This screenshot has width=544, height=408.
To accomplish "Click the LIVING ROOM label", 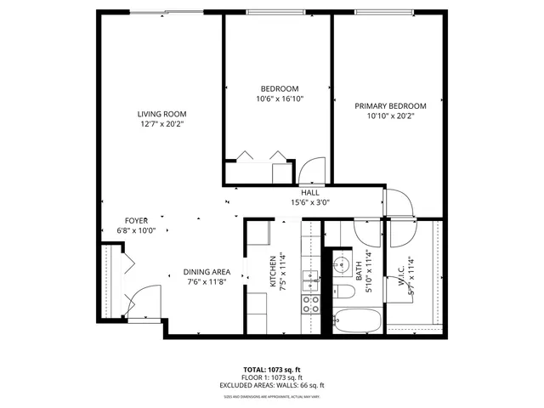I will [162, 114].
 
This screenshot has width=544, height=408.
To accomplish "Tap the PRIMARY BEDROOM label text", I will [390, 106].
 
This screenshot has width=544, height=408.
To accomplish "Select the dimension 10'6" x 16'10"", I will [279, 99].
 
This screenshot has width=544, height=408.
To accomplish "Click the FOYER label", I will [137, 220].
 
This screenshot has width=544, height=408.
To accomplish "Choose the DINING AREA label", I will [207, 272].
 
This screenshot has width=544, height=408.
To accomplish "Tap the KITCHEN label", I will [274, 272].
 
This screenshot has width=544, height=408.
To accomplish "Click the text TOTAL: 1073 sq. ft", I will [272, 370].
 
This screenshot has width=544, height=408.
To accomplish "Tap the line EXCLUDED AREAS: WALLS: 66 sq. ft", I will [272, 385].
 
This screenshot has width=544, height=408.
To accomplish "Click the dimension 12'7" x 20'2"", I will [162, 124].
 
